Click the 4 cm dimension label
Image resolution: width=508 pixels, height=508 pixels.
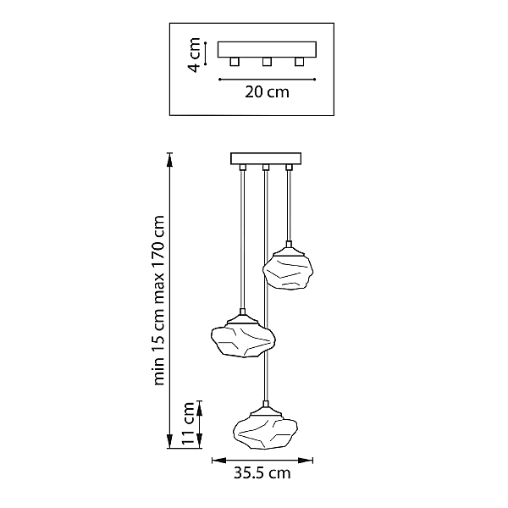click(194, 55)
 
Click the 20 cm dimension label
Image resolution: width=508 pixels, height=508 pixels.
click(267, 92)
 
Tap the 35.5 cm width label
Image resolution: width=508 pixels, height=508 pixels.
click(262, 473)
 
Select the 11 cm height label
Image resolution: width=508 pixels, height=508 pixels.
click(188, 424)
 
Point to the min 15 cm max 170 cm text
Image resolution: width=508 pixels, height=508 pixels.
click(159, 300)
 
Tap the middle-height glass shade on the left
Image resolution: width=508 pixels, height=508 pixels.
click(243, 341)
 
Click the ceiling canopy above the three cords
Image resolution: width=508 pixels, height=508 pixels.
click(266, 159)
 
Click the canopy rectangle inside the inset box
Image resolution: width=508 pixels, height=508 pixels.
click(267, 49)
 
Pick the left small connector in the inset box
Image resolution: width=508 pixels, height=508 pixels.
click(235, 62)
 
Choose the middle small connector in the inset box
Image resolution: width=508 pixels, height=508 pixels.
click(267, 62)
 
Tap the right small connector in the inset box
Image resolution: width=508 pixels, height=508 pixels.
click(300, 62)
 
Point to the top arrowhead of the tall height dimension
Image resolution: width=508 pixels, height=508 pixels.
click(169, 160)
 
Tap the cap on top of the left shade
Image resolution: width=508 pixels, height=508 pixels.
click(242, 317)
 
